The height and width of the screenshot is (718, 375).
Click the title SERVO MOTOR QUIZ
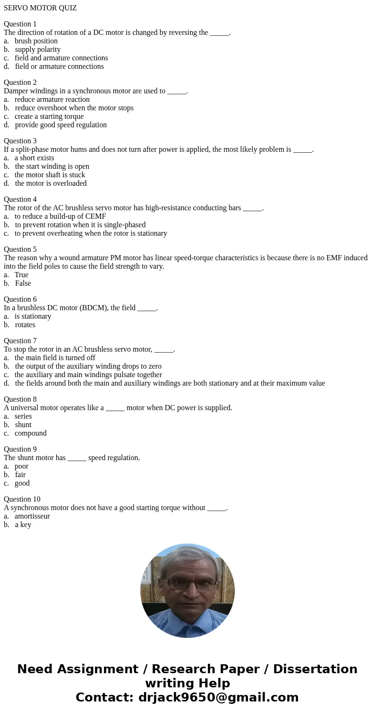[x=40, y=8]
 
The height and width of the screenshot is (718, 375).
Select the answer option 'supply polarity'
[x=38, y=50]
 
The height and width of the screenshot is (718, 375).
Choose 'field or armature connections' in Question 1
[x=59, y=66]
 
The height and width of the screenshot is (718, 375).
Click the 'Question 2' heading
[x=20, y=83]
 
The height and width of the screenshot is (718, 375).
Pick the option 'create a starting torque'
[x=49, y=116]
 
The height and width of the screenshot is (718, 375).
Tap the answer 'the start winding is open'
[x=52, y=166]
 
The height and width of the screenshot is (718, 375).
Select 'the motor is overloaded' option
[x=51, y=183]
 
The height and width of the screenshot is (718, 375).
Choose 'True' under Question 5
[x=21, y=275]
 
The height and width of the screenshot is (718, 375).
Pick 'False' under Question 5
[x=23, y=283]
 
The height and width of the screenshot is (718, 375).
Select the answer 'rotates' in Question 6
[x=25, y=325]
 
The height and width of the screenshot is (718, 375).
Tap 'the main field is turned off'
[x=55, y=358]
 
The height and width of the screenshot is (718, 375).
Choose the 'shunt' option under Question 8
[x=23, y=425]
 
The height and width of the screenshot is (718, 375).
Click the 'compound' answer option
[x=30, y=433]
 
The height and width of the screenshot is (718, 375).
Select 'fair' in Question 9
[x=20, y=475]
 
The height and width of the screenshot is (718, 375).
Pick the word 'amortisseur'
[x=32, y=516]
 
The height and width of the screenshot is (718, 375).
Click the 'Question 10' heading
[x=22, y=499]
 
